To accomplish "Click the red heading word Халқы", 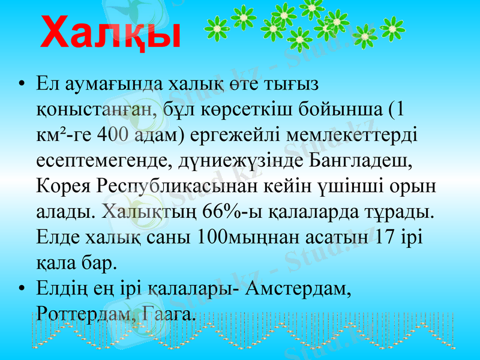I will (112, 33).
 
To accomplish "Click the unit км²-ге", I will (59, 136).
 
